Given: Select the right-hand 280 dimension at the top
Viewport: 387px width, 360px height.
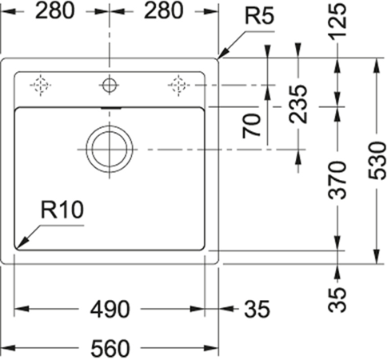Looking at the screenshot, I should (163, 11).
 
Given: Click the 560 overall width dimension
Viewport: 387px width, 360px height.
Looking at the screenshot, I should (110, 348).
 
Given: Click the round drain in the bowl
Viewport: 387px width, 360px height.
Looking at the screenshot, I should (110, 149).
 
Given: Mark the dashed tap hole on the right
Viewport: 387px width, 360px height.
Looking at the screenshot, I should (178, 85).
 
